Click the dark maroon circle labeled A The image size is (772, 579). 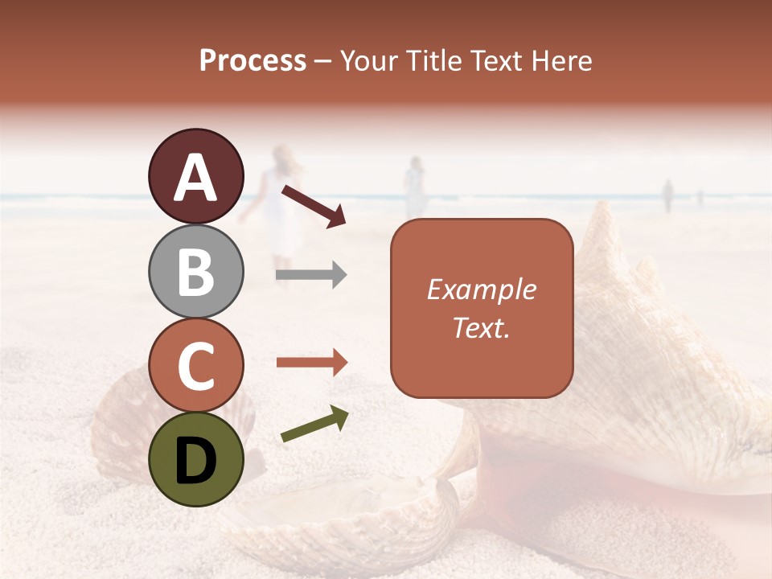point(195,177)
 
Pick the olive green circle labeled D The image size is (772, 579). point(195,459)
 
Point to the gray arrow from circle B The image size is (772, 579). point(311,275)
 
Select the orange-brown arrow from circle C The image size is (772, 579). point(311,362)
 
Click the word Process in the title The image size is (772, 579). point(253,61)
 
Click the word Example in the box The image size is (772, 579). point(481,289)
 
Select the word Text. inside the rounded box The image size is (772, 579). point(481,327)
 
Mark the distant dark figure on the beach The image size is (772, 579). point(667,195)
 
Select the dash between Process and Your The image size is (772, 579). point(323,61)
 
